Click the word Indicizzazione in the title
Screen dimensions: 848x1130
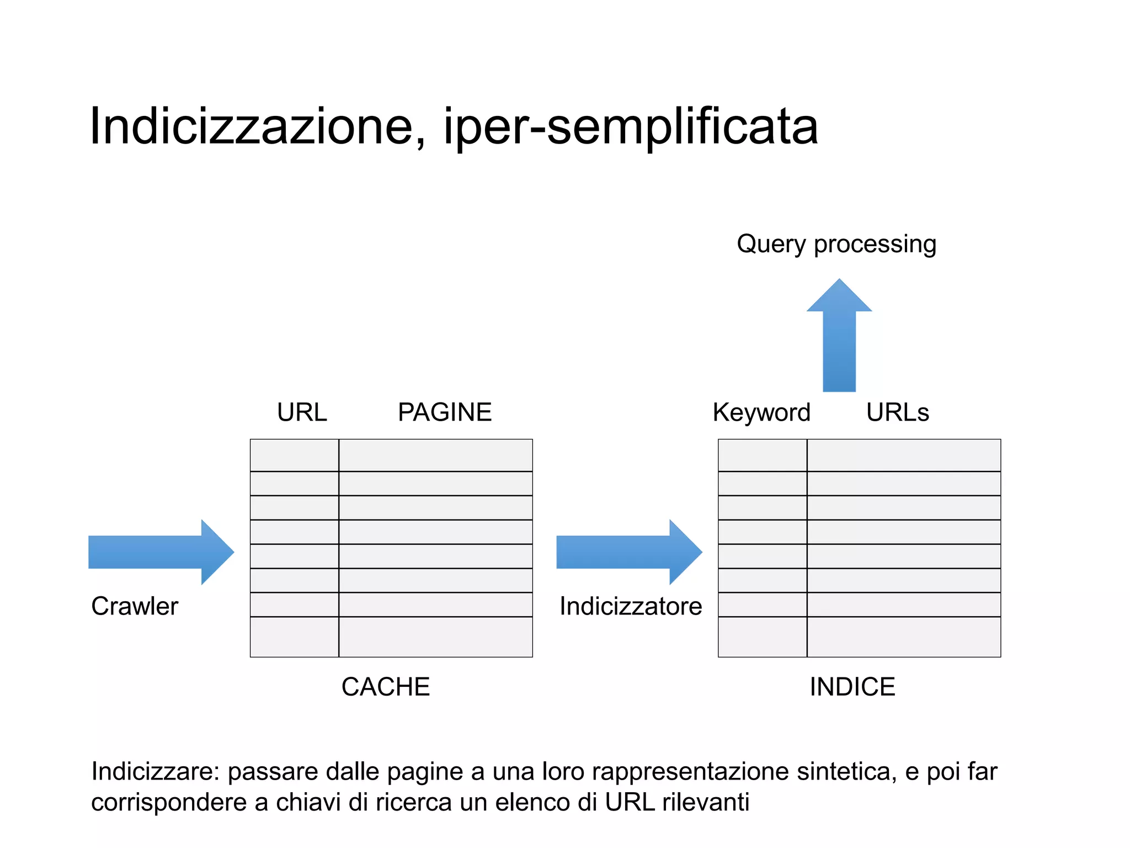(252, 127)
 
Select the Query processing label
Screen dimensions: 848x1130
(836, 244)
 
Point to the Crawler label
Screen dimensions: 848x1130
(135, 606)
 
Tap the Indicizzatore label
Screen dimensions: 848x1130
(631, 606)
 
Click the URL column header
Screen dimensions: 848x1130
(302, 412)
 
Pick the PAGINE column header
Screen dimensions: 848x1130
(445, 412)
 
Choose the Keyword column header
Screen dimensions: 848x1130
(761, 412)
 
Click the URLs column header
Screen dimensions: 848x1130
(898, 412)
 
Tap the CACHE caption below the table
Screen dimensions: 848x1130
(386, 687)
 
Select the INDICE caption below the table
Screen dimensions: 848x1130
(852, 687)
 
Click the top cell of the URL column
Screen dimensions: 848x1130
(294, 455)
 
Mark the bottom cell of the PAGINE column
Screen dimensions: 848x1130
(435, 637)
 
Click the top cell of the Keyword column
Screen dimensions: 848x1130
(763, 455)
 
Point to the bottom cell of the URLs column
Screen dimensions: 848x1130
(904, 637)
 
